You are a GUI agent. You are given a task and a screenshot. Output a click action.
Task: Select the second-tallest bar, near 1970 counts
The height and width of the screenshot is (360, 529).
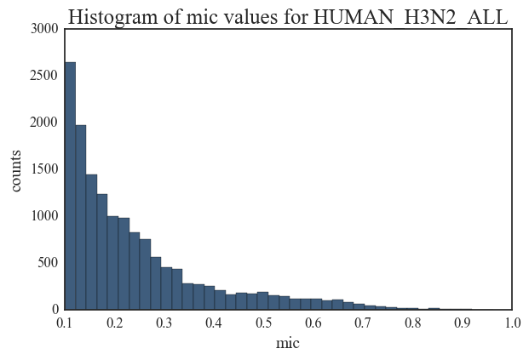coord(81,217)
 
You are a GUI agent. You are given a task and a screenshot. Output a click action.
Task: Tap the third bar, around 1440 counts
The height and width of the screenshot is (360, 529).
coord(91,242)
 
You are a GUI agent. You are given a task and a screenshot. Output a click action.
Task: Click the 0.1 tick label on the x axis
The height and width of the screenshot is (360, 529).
coord(65,323)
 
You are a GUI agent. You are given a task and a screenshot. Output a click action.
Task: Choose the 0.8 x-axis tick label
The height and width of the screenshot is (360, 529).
coord(411,323)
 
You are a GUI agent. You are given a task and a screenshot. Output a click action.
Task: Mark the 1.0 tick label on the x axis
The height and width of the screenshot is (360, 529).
coord(511,323)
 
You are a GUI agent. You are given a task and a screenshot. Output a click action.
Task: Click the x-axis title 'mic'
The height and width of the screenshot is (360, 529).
coord(288,344)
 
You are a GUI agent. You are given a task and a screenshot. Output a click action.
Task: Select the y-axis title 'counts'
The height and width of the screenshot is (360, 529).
coord(17,169)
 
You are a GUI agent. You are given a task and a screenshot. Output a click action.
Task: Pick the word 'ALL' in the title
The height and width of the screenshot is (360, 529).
coord(489,16)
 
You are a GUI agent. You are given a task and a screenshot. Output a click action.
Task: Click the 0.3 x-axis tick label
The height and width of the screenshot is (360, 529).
coord(164,323)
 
